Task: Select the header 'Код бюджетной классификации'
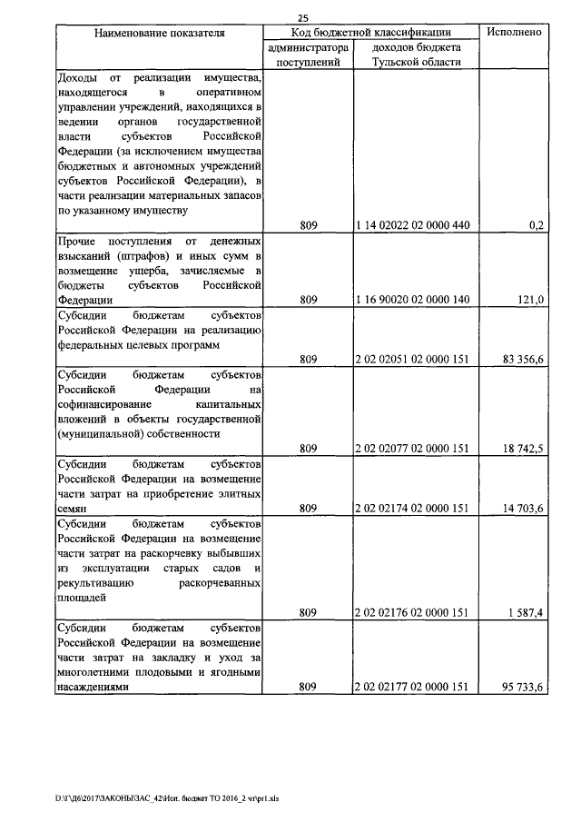coord(369,33)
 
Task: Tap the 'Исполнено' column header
coord(515,33)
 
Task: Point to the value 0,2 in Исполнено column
coord(535,226)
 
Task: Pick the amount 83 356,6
coord(522,359)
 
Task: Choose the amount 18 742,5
coord(522,448)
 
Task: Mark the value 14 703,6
coord(522,509)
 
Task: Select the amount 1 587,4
coord(525,613)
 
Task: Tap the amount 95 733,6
coord(522,688)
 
